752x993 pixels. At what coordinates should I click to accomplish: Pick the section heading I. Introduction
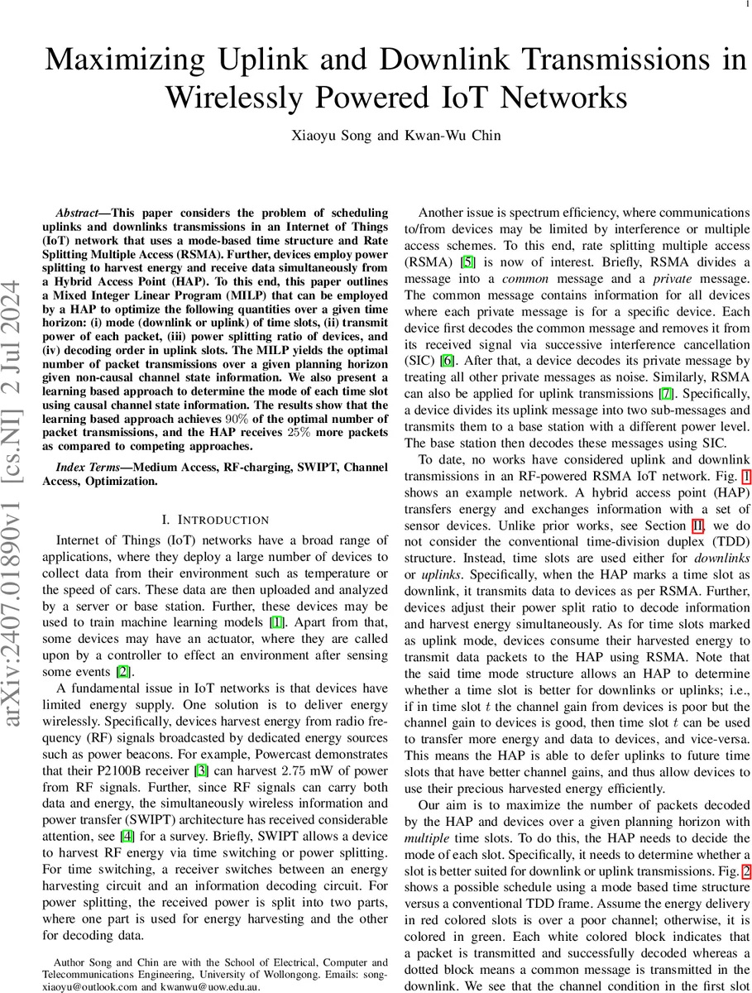[216, 520]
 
